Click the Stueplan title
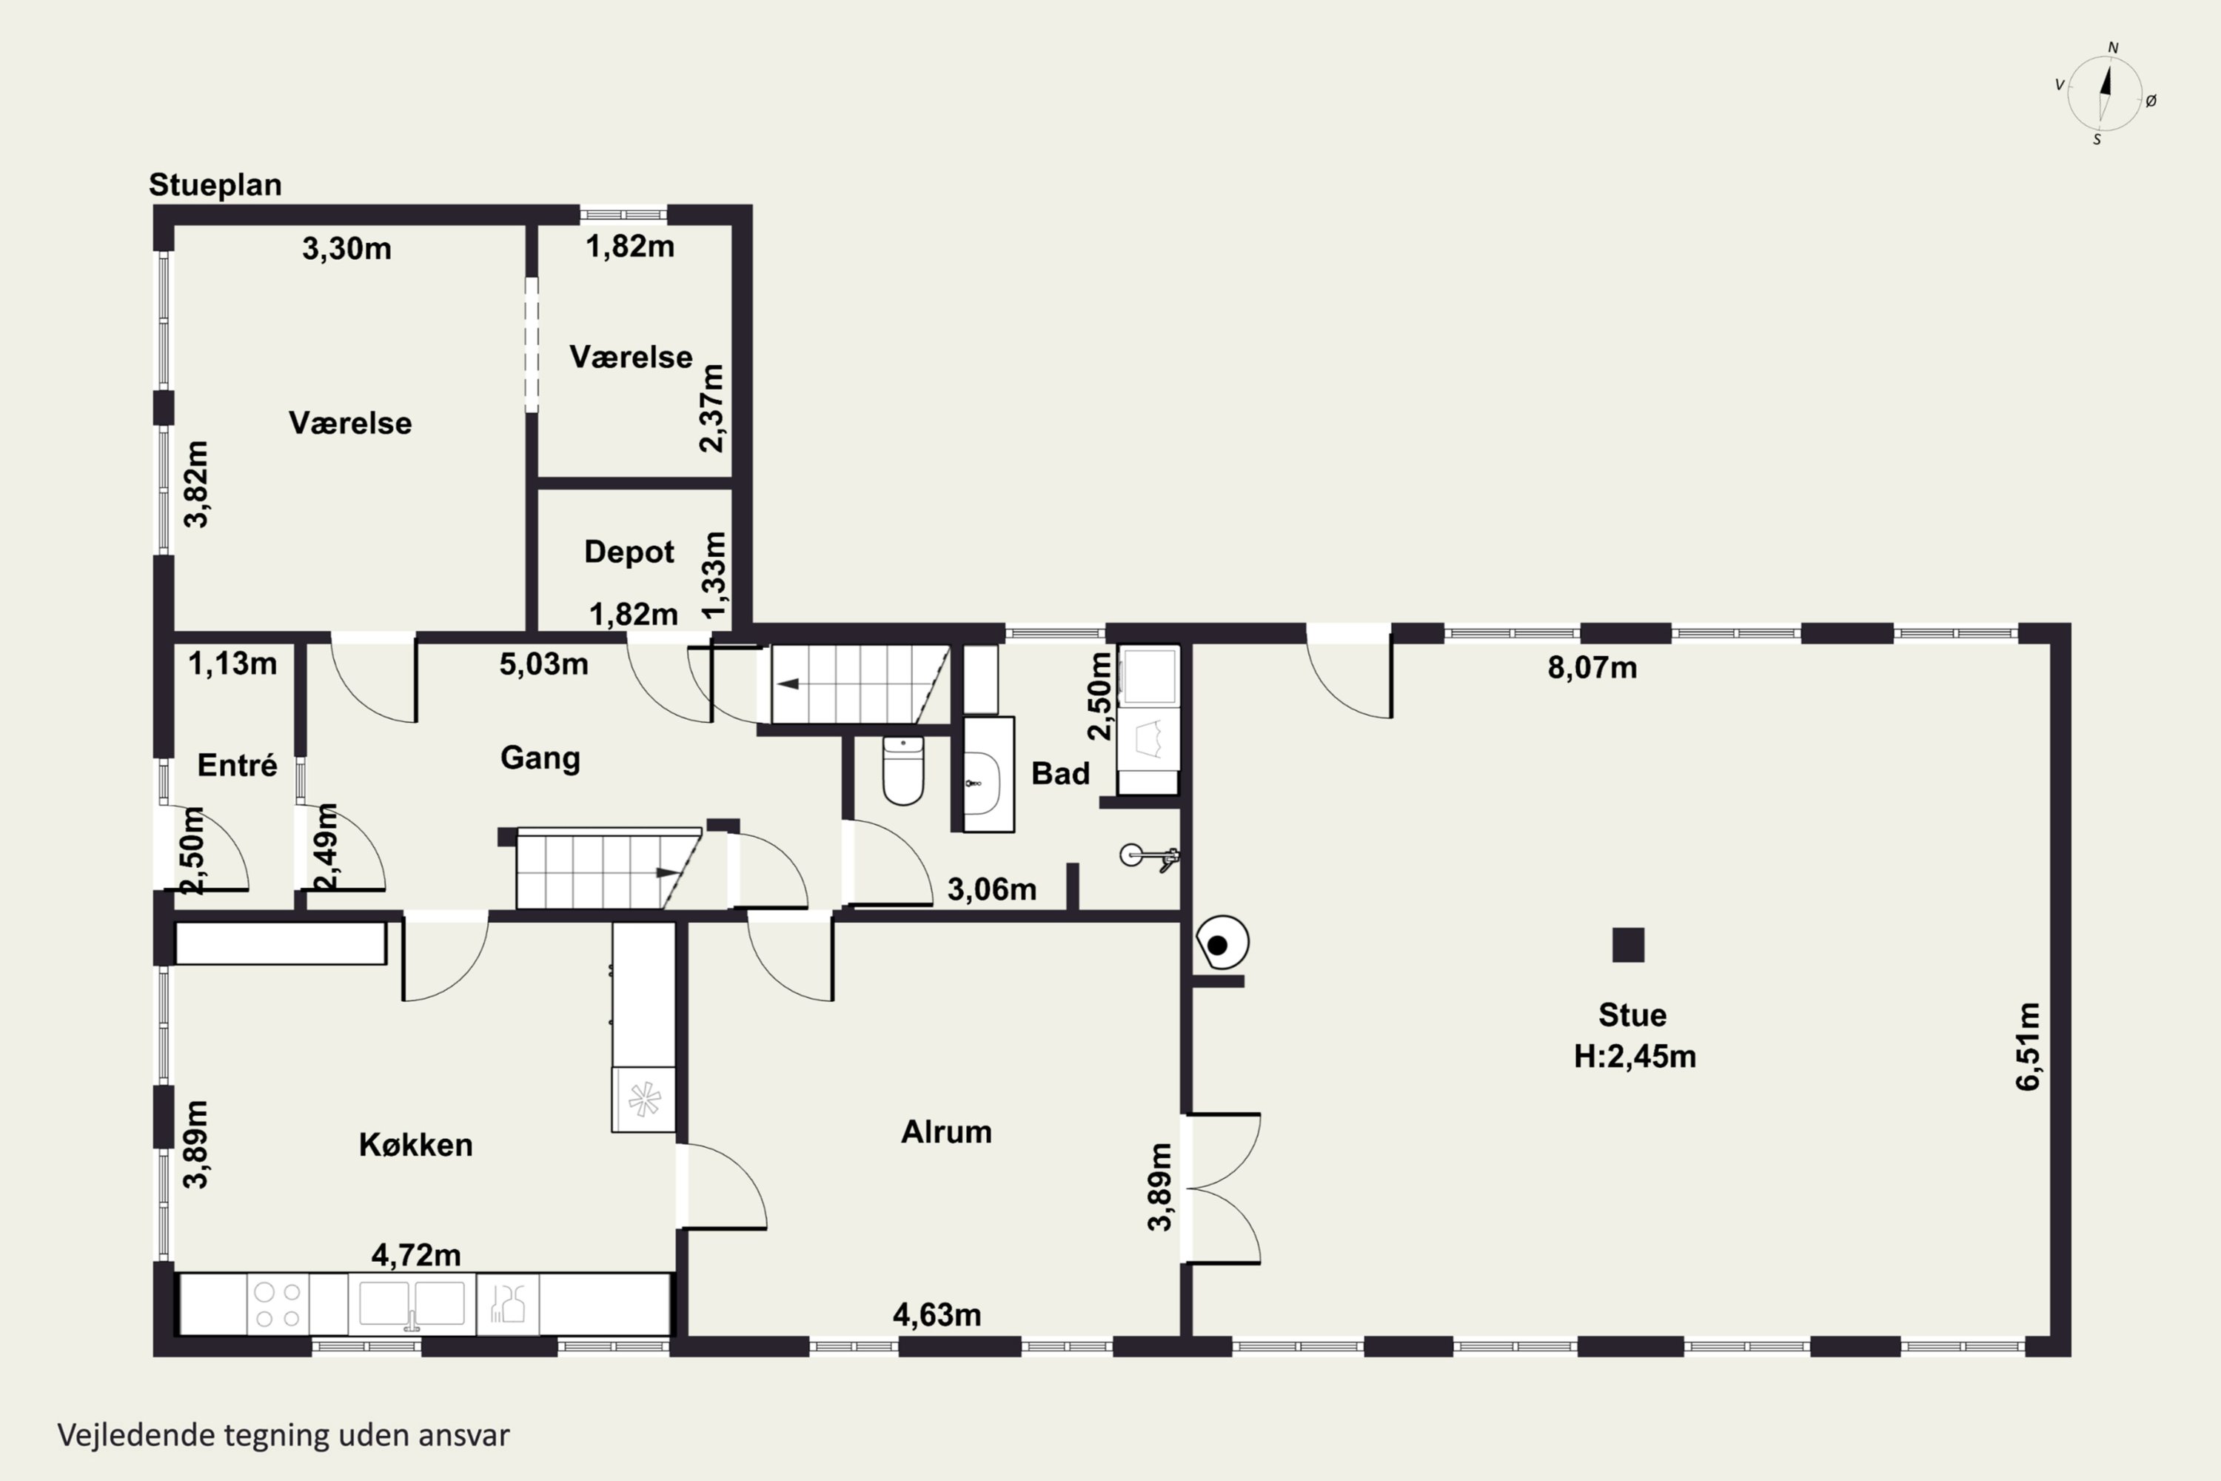(x=215, y=185)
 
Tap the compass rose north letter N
(x=2114, y=47)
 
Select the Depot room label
(x=629, y=552)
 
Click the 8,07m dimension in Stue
(x=1592, y=668)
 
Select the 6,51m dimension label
(x=2029, y=1046)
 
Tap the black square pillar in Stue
(x=1628, y=945)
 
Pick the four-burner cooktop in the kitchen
(x=278, y=1304)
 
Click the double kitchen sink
(x=412, y=1304)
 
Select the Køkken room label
(x=415, y=1145)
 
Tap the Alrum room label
(x=946, y=1131)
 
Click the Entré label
(x=237, y=764)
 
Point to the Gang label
(x=540, y=758)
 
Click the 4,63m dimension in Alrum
(x=937, y=1315)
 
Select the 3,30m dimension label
(x=346, y=248)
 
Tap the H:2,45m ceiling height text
(x=1635, y=1056)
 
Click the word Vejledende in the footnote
(x=136, y=1435)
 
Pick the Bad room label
(x=1060, y=774)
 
